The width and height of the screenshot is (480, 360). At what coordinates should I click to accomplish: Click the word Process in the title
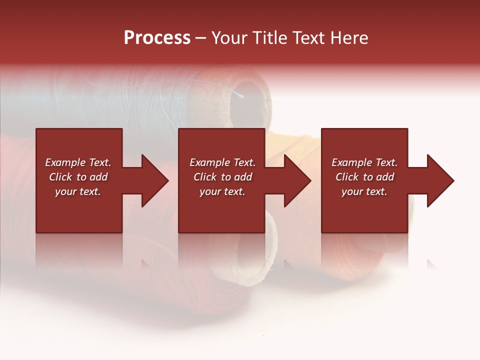157,38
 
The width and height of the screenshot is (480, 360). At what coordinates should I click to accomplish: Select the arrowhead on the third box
439,180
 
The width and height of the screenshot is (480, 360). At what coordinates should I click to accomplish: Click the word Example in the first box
65,162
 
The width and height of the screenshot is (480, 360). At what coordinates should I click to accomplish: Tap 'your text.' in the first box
78,191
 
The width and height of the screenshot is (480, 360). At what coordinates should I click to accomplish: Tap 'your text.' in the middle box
222,191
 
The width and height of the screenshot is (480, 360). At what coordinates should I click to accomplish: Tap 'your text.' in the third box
364,191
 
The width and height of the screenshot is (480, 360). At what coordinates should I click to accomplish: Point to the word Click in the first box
61,177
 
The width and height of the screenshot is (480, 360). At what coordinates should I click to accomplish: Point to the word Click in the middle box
205,177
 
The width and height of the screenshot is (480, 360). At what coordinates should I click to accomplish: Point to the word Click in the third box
347,177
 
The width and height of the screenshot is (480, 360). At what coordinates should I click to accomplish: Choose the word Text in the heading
308,38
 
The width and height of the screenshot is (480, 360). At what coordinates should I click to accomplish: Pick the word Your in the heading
230,38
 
